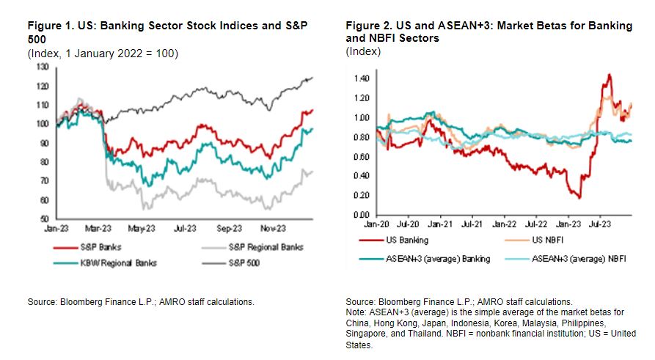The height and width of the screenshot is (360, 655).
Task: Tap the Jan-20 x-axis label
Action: [376, 224]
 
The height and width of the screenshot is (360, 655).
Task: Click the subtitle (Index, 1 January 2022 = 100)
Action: [103, 54]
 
